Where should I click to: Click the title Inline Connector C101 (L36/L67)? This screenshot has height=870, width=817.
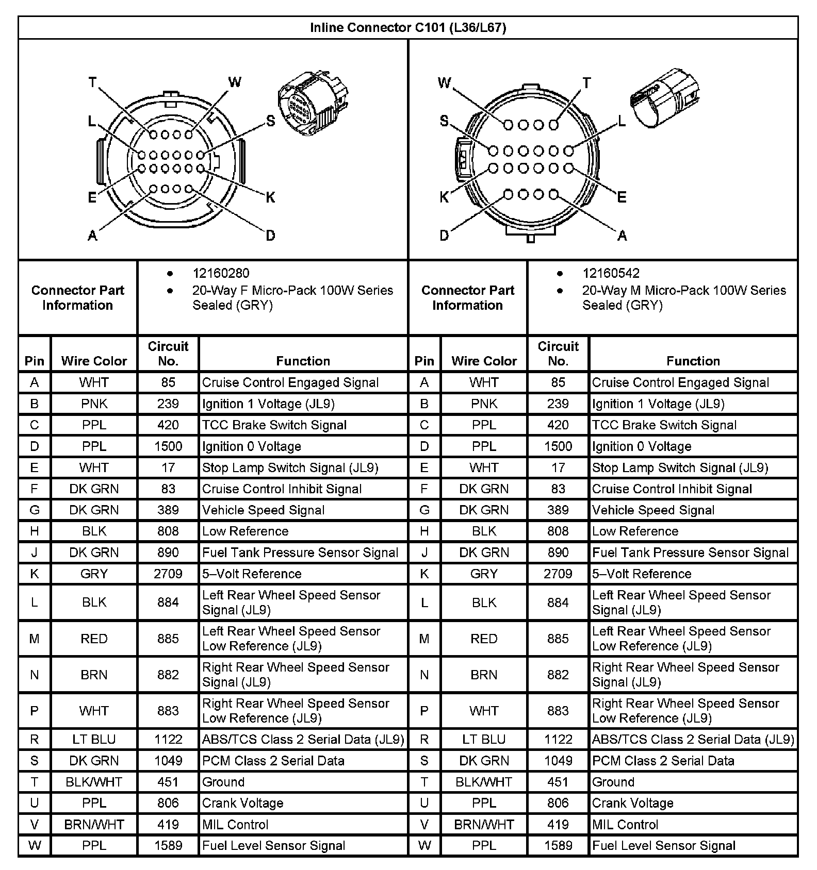[407, 28]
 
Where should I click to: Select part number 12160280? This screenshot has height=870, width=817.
[221, 273]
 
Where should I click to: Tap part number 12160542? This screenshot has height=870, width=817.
[611, 273]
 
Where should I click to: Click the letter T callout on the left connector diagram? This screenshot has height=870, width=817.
[92, 82]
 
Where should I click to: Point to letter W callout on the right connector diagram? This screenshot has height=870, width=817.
[444, 83]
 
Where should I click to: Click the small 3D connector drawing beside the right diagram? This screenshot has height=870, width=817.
[664, 97]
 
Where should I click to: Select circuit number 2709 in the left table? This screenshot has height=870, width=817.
[168, 574]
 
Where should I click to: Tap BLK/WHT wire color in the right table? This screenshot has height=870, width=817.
[484, 782]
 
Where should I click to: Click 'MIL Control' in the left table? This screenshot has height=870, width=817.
[235, 825]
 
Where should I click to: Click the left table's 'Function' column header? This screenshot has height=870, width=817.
[303, 361]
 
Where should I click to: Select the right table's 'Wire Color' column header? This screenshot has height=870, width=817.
[484, 361]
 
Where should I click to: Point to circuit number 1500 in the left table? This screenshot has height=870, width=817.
[168, 446]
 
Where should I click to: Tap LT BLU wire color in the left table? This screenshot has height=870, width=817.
[94, 740]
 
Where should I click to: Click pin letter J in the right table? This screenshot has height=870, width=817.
[424, 553]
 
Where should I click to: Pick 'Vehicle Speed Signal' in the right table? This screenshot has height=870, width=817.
[653, 510]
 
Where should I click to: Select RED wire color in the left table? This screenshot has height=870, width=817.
[94, 639]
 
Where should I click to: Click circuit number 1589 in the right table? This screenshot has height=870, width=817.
[558, 846]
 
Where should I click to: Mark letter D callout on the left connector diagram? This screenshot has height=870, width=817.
[270, 236]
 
